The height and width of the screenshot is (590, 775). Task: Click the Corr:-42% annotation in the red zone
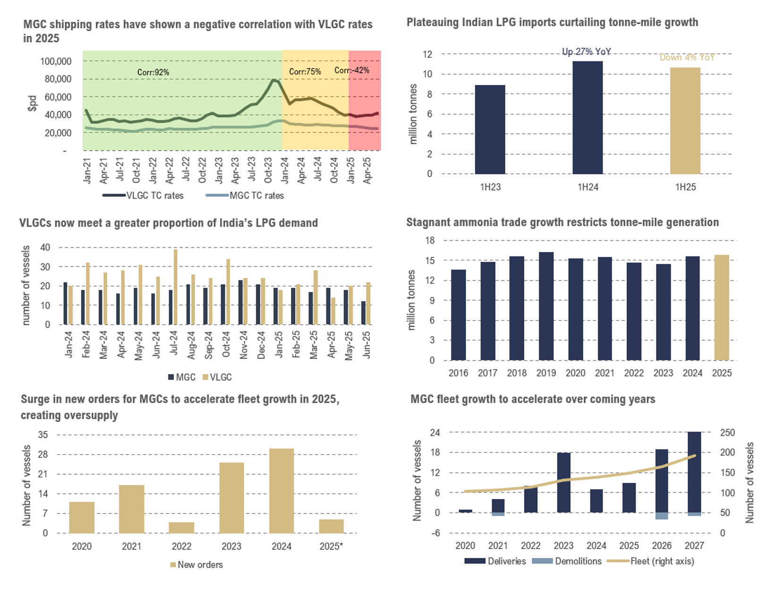click(352, 70)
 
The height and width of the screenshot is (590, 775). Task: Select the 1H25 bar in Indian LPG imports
click(685, 121)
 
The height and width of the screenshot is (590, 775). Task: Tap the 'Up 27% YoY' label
click(587, 51)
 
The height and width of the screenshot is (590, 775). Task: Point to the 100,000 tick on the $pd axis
click(56, 61)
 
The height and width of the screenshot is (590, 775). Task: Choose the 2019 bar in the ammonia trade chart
click(546, 306)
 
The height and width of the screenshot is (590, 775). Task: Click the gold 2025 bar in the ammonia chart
click(722, 307)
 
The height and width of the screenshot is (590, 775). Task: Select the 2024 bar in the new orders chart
click(281, 491)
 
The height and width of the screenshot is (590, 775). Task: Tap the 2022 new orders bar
click(181, 527)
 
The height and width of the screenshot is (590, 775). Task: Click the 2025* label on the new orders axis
click(331, 546)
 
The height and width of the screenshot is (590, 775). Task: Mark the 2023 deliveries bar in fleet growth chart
click(563, 482)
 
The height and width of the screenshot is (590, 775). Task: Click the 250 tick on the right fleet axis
click(727, 433)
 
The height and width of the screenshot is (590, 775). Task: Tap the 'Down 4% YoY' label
click(687, 58)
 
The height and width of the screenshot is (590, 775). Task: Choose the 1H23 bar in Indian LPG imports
click(490, 129)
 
